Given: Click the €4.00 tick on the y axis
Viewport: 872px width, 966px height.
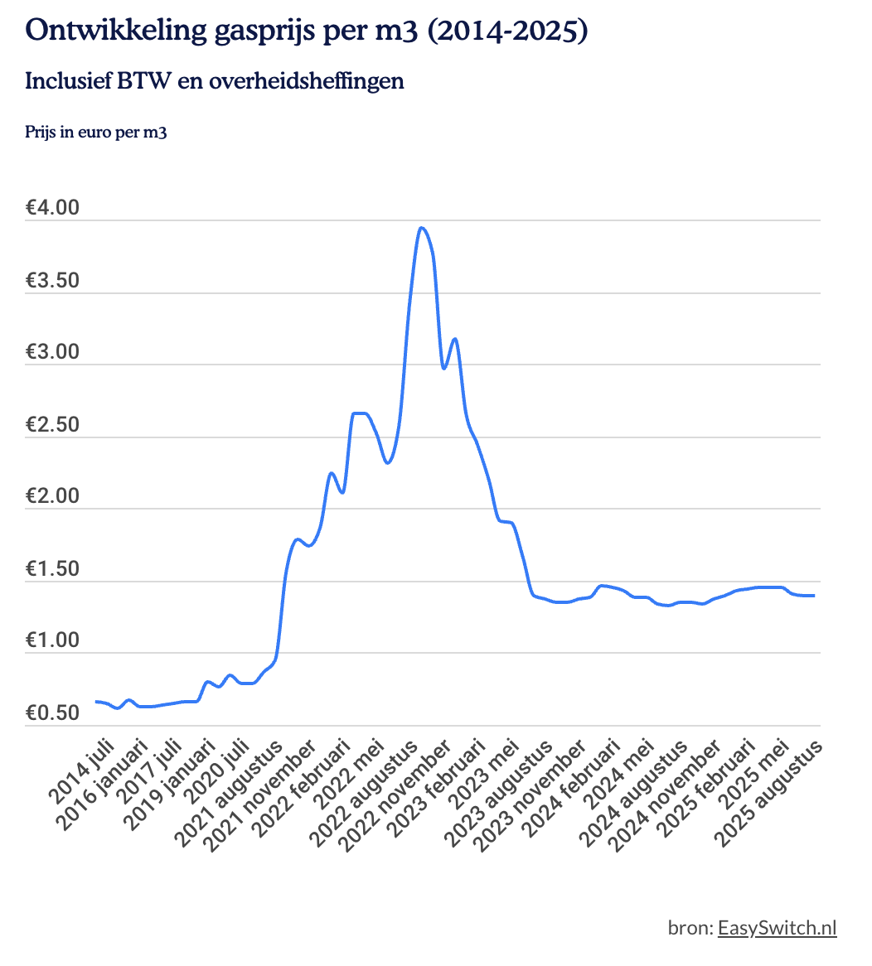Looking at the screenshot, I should [52, 208].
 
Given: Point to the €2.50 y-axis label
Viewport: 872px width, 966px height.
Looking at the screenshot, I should [52, 425].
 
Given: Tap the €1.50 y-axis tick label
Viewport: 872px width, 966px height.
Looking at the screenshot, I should [52, 569].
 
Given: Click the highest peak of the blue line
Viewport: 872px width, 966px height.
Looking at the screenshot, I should [422, 228].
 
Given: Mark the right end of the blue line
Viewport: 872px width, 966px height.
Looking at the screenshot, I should [814, 596].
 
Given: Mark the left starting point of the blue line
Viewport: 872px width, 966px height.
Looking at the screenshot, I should [96, 702].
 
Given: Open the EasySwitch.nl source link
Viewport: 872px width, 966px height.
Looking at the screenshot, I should [777, 927].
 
